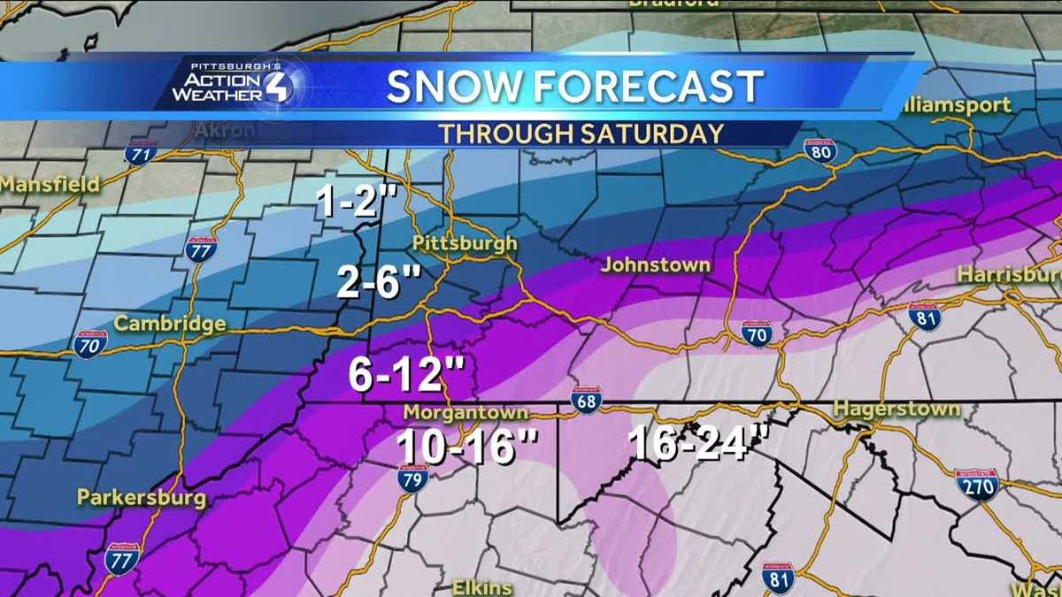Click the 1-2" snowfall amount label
pyautogui.click(x=353, y=205)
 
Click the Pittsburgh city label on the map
pyautogui.click(x=465, y=243)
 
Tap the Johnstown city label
pyautogui.click(x=655, y=264)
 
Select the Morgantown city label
pyautogui.click(x=466, y=413)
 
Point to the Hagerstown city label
pyautogui.click(x=897, y=409)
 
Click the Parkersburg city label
pyautogui.click(x=142, y=497)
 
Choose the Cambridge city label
pyautogui.click(x=170, y=324)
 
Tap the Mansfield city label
pyautogui.click(x=50, y=185)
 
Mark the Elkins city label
pyautogui.click(x=483, y=586)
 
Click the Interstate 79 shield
pyautogui.click(x=412, y=478)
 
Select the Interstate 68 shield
pyautogui.click(x=586, y=400)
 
